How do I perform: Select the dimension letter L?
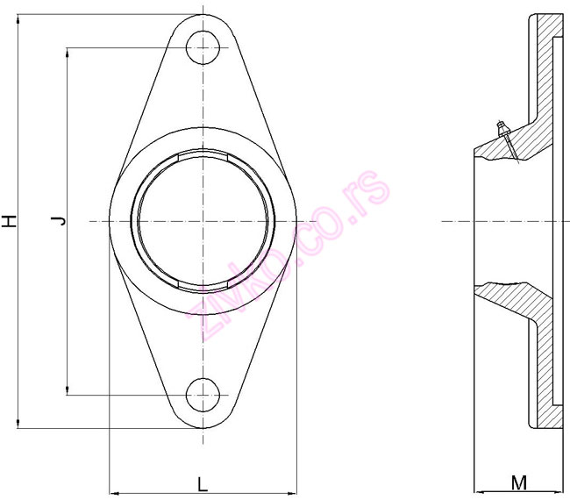coord(203,484)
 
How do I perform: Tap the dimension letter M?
coord(519,483)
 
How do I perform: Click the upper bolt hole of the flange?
coord(203,47)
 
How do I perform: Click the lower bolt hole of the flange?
coord(203,395)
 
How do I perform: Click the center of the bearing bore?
coord(203,221)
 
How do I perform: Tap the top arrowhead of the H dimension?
coord(18,19)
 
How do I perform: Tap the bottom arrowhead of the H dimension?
coord(18,424)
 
